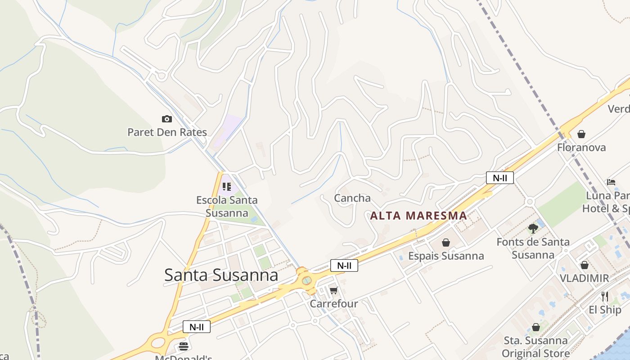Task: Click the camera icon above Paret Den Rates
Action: [167, 119]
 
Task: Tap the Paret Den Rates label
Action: [167, 132]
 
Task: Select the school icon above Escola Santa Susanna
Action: [226, 186]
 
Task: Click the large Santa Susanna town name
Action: [221, 275]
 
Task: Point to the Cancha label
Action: [352, 198]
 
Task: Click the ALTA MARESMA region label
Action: [418, 216]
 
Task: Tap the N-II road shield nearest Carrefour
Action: [344, 265]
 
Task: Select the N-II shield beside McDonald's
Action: [197, 327]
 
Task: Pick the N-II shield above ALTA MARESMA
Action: [499, 178]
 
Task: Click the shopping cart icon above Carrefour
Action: [333, 290]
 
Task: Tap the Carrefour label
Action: [334, 304]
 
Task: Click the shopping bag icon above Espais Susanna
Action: [446, 243]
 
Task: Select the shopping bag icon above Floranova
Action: [581, 134]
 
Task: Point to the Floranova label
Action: [581, 148]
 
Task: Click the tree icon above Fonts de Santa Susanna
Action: [533, 229]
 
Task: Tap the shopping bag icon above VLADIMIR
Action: [585, 265]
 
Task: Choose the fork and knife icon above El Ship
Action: [605, 297]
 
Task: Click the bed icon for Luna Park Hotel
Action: [611, 182]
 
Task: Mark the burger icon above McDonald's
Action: [184, 346]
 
